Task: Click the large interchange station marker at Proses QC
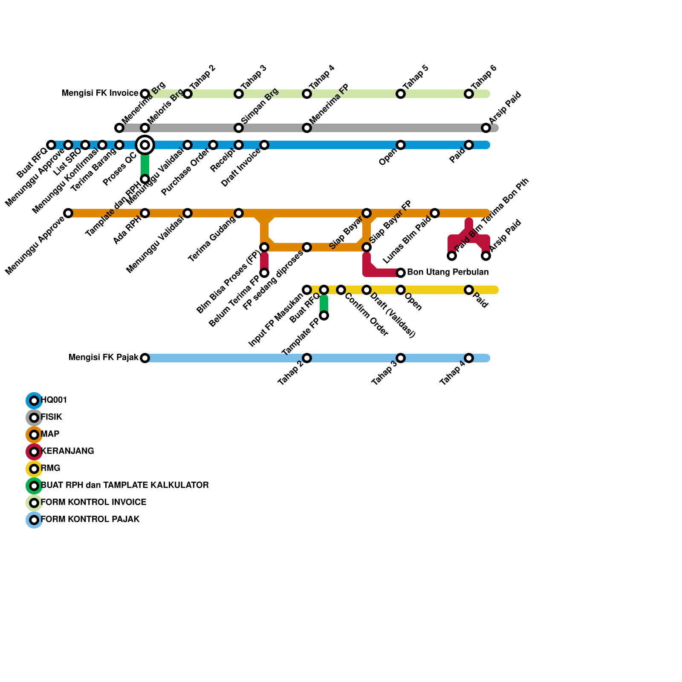coord(145,145)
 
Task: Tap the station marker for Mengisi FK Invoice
coord(145,94)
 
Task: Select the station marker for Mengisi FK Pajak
coord(145,358)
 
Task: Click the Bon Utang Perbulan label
coord(448,272)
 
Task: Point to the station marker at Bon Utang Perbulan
coord(401,273)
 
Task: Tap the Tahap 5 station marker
coord(401,94)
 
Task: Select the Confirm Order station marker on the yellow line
coord(341,290)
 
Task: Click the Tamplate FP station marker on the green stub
coord(324,315)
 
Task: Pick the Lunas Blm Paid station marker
coord(435,213)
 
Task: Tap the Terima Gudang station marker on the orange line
coord(239,213)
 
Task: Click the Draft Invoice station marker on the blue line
coord(264,145)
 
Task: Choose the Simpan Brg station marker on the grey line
coord(239,128)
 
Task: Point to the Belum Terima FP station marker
coord(264,273)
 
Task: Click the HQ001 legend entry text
coord(54,400)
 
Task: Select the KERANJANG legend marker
coord(34,452)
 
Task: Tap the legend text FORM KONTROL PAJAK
coord(90,520)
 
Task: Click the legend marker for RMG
coord(34,469)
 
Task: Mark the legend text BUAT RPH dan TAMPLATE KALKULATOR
coord(125,485)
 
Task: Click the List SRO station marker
coord(85,145)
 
